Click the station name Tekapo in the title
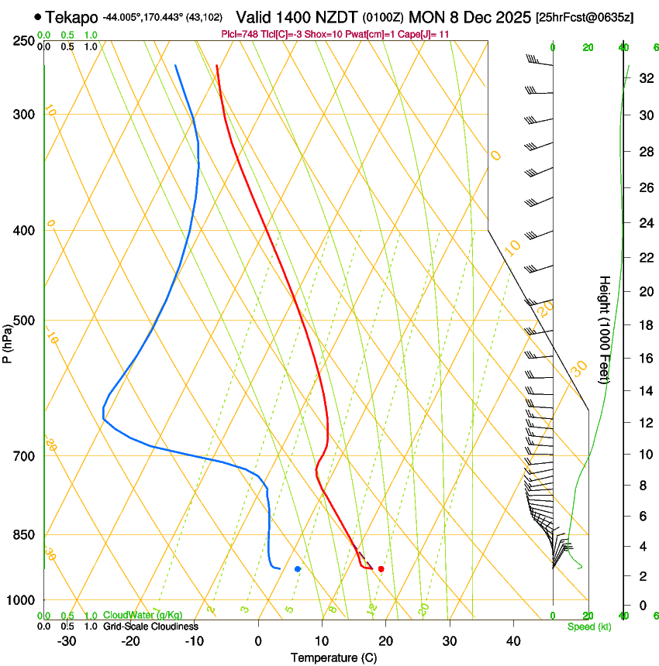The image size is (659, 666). coord(71,17)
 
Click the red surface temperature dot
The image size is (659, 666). coord(381,569)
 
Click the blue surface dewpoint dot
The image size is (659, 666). coord(298,569)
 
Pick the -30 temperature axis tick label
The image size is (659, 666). coord(67,640)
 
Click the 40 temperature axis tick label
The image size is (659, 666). coord(513,640)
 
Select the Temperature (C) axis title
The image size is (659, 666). coord(333,657)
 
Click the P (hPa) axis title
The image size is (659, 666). coord(8,339)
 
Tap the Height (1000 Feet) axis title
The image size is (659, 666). coord(605,329)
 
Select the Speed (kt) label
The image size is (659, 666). coord(588,627)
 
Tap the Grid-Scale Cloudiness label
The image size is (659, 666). coord(150,627)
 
